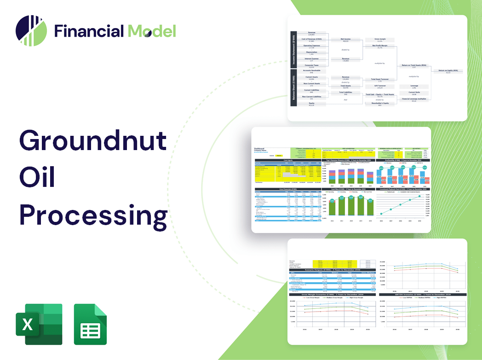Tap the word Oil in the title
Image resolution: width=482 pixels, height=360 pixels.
[x=37, y=178]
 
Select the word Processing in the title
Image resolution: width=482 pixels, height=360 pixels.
[x=93, y=215]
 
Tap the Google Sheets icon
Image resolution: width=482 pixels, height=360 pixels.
[x=90, y=324]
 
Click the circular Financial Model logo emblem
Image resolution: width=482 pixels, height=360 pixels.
[x=31, y=31]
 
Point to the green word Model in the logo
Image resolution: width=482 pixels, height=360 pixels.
[x=152, y=31]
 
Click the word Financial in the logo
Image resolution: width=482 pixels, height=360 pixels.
[x=89, y=31]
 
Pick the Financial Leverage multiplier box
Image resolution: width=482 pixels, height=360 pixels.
[x=414, y=99]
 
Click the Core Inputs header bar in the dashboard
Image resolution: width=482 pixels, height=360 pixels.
[x=288, y=160]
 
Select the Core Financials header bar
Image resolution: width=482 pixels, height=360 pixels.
[x=288, y=189]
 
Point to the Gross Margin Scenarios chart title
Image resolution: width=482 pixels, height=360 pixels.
[x=332, y=294]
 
